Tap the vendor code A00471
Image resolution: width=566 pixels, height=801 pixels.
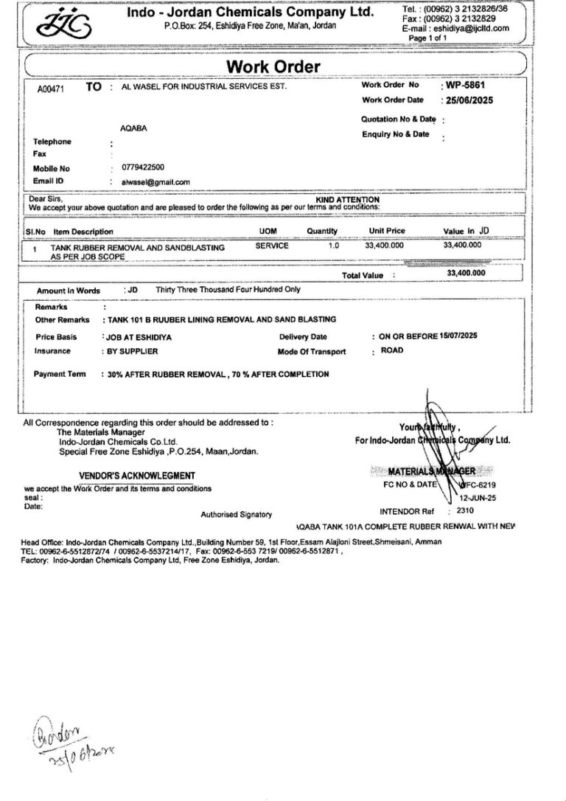51,89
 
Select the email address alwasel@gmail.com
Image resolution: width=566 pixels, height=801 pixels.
156,181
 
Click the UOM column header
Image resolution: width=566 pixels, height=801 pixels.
268,231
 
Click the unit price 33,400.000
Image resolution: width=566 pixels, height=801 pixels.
384,246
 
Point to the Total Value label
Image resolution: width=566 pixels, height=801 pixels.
363,275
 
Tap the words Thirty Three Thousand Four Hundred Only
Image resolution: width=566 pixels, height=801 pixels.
228,290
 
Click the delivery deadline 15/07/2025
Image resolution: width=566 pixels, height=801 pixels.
459,336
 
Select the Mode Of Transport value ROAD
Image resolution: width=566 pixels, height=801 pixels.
392,350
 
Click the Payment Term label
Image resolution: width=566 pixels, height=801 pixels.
60,374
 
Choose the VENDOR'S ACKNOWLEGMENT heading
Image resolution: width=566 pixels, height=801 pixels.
137,476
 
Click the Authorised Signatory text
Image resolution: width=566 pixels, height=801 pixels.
236,514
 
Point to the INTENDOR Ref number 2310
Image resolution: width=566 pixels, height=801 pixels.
465,510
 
